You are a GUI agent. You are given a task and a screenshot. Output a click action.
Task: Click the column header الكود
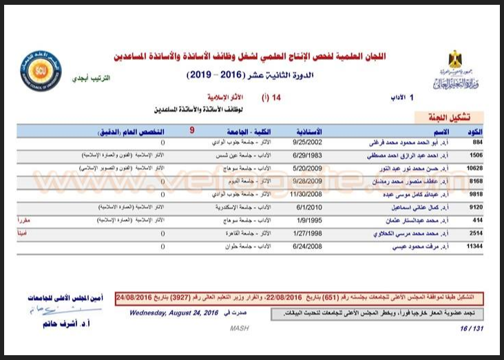pos(475,131)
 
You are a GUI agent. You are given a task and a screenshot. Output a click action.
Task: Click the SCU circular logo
pos(40,71)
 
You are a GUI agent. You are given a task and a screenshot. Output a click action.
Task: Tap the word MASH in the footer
pos(238,329)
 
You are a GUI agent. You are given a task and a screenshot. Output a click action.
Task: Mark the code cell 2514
pos(475,232)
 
